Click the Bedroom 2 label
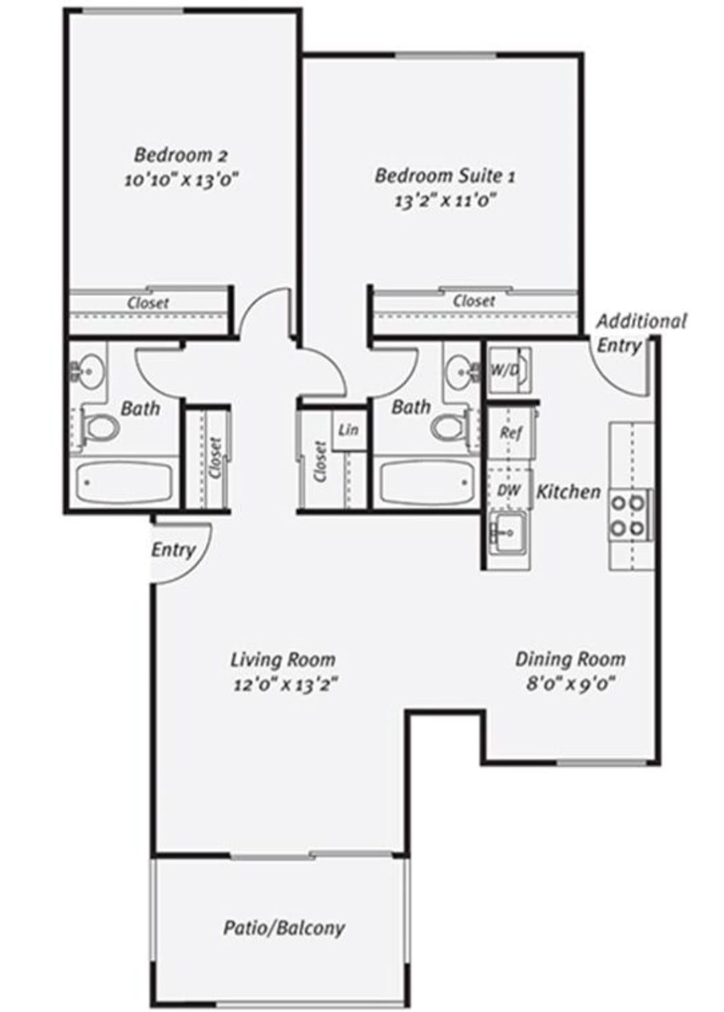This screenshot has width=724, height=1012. (x=180, y=156)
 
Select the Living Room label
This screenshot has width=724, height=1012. (x=283, y=660)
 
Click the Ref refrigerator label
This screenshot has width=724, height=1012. (x=511, y=433)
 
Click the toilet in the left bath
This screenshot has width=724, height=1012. (x=101, y=427)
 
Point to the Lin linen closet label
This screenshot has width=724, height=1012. (x=349, y=429)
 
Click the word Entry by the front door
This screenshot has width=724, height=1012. (x=174, y=550)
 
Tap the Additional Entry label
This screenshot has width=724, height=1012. (x=641, y=334)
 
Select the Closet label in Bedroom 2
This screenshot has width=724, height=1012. (x=147, y=302)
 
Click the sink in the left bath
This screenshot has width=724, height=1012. (x=89, y=371)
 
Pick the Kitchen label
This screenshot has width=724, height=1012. (x=568, y=491)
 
